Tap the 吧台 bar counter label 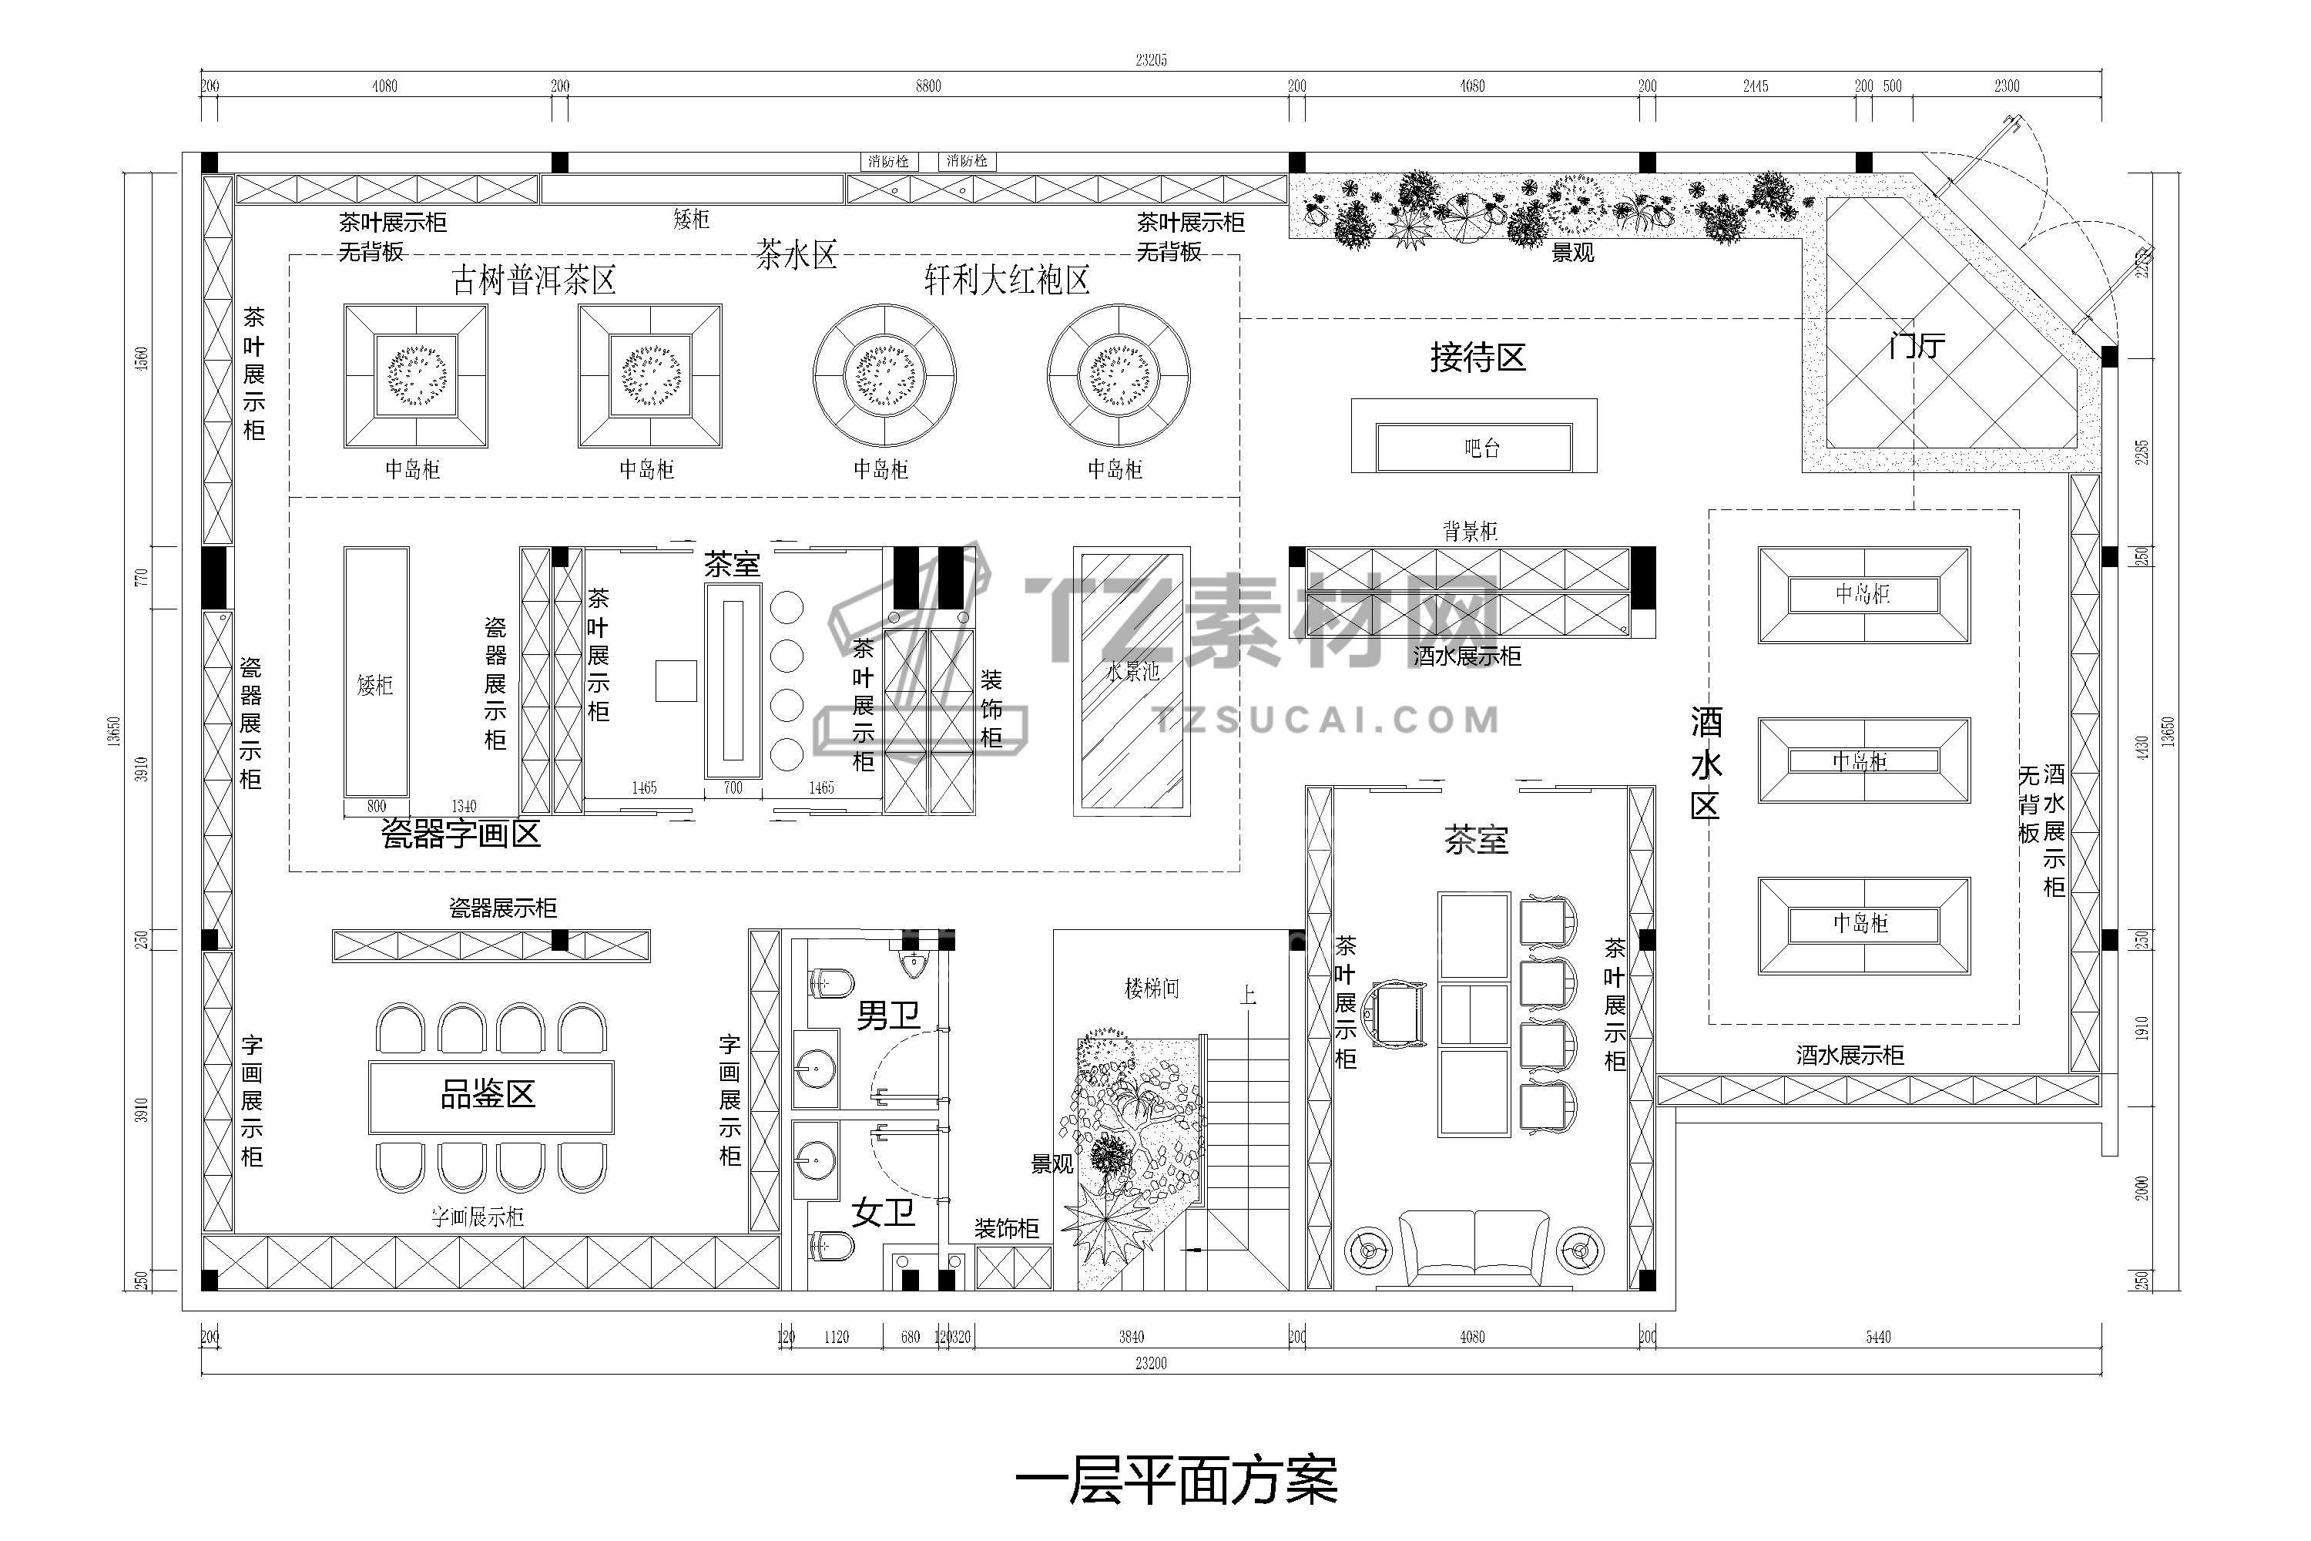point(1481,449)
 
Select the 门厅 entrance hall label point(1916,346)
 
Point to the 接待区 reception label point(1477,357)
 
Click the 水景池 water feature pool point(1132,681)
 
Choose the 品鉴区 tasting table point(490,1095)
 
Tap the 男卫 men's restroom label point(888,1016)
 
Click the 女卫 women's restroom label point(884,1213)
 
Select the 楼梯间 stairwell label point(1152,989)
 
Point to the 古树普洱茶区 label point(534,281)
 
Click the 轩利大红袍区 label point(1007,281)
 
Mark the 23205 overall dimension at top point(1151,60)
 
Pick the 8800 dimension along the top point(927,86)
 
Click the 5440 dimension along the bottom point(1878,1337)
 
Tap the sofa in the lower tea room point(1474,1248)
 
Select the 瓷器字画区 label point(461,834)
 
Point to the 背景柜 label point(1470,532)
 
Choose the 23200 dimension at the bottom point(1151,1363)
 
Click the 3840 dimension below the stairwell point(1131,1337)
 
